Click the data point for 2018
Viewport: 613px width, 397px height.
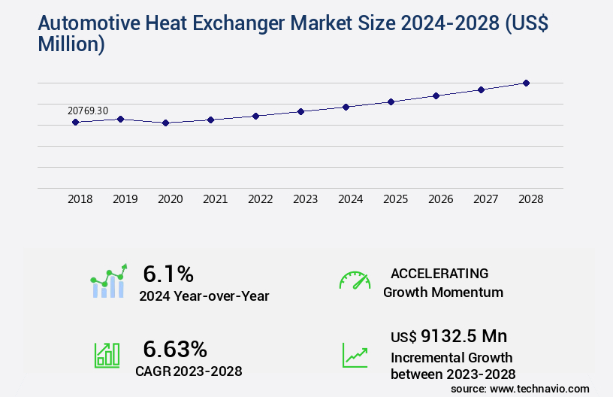click(x=75, y=122)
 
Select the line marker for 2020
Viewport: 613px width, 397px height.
click(x=165, y=123)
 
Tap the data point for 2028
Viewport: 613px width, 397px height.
click(x=526, y=83)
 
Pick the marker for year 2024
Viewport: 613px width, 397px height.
click(x=346, y=107)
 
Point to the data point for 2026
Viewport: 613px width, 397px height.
click(x=436, y=95)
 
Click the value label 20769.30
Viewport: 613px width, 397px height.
click(x=88, y=111)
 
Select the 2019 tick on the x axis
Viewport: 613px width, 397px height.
click(x=125, y=199)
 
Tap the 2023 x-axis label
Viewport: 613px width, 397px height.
click(x=306, y=199)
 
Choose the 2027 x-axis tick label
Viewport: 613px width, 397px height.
click(x=486, y=199)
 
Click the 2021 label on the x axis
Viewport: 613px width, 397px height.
click(x=216, y=199)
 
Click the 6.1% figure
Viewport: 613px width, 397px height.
click(x=168, y=273)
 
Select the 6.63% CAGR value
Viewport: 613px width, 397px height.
click(x=175, y=349)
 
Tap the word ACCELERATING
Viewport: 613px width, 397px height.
click(x=439, y=273)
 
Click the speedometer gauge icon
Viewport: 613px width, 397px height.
click(x=355, y=280)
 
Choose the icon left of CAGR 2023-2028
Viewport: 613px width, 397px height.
click(x=107, y=355)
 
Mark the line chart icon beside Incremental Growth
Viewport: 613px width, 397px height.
click(x=355, y=355)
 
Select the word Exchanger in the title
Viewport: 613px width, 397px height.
click(x=215, y=23)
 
